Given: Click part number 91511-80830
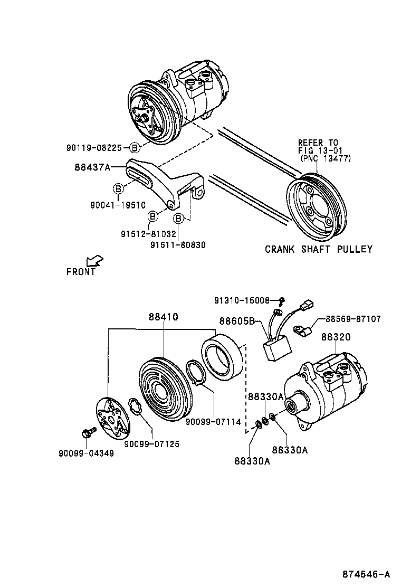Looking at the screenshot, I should [178, 244].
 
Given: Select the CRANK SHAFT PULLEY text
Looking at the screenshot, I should [318, 249].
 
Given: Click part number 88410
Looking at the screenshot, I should [163, 317].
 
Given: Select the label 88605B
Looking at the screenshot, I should [237, 320].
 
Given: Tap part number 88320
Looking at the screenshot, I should [336, 336].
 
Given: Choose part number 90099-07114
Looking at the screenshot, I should [213, 422].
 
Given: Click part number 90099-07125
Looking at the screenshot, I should [151, 444].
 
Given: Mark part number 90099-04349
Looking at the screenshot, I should [85, 453].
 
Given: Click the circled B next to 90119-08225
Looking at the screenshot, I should [135, 147].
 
